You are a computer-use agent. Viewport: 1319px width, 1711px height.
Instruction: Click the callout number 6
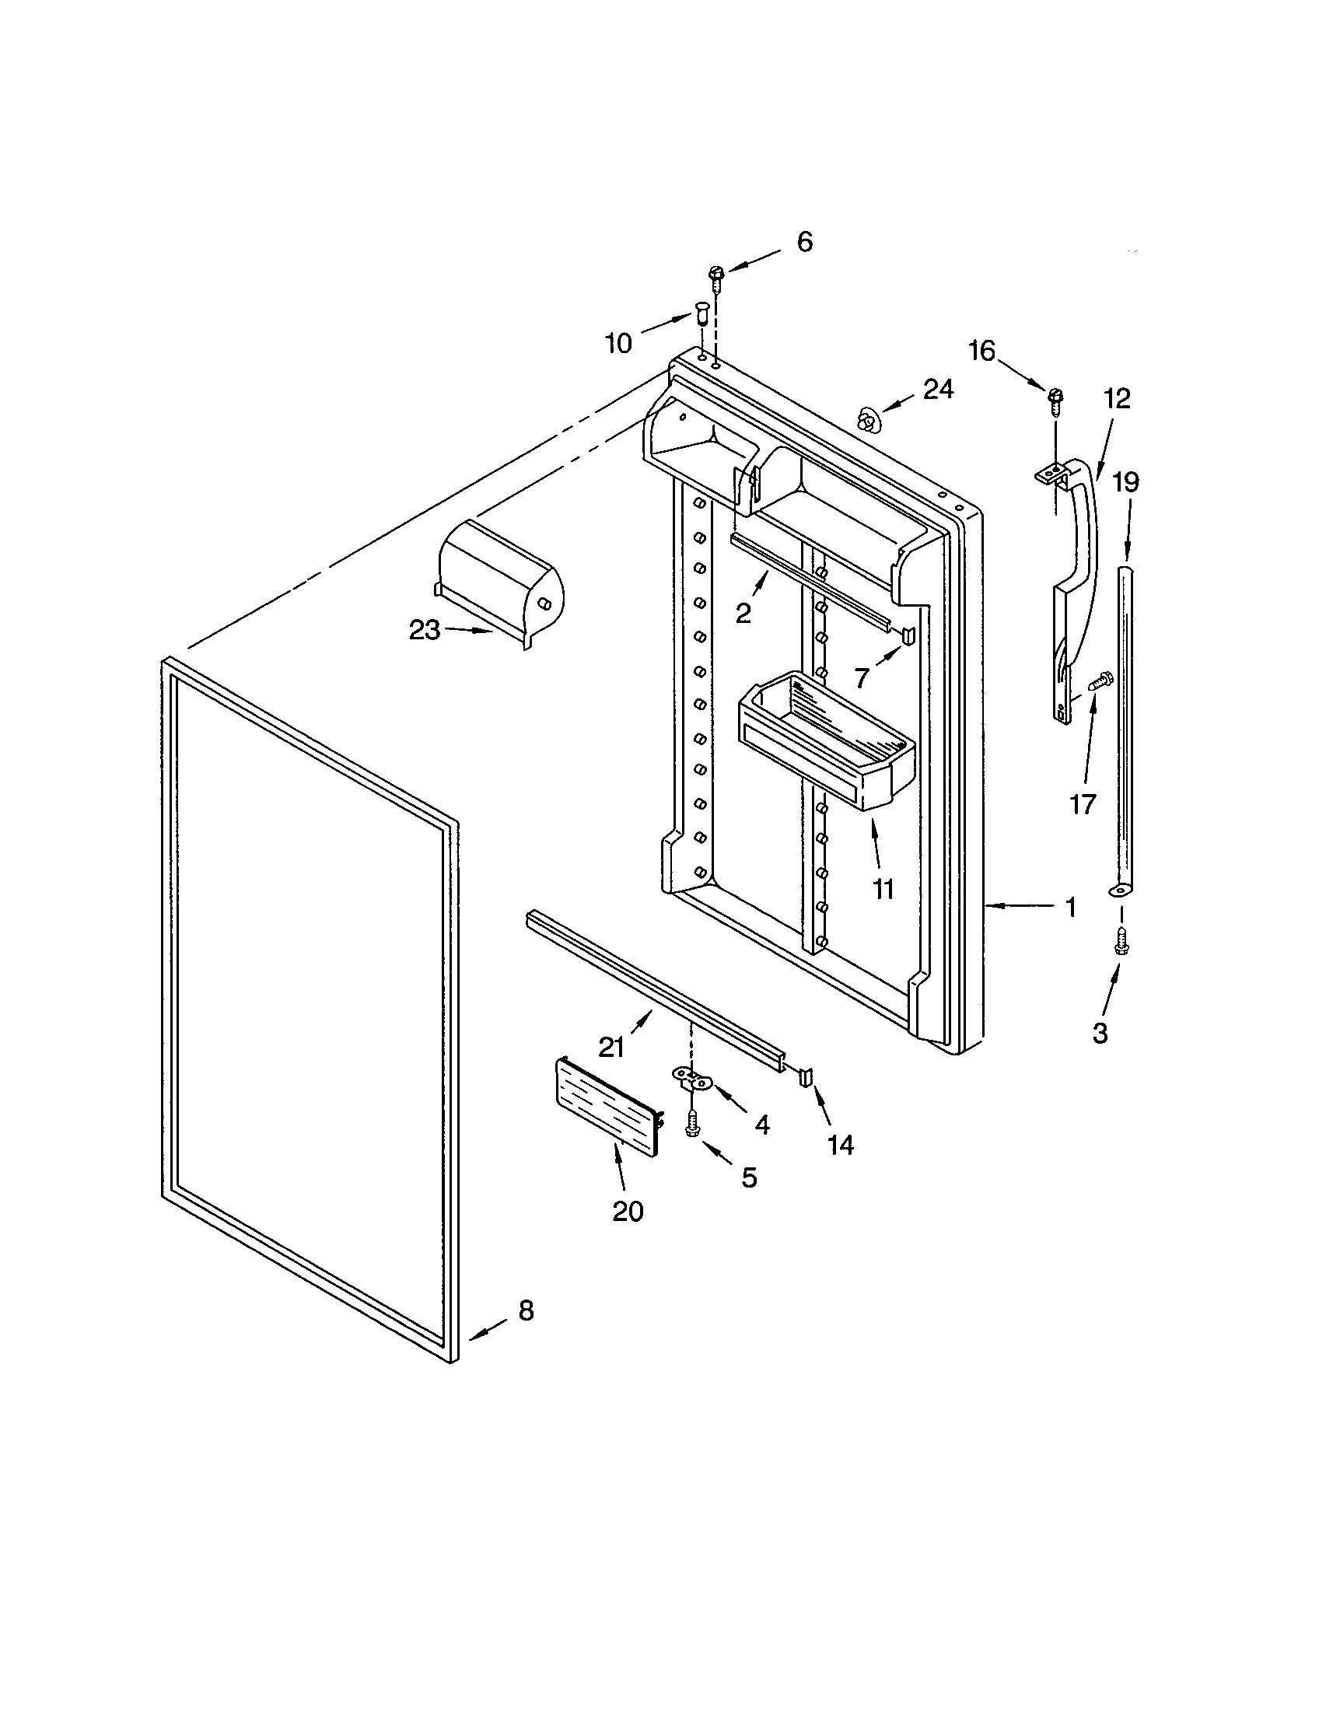click(804, 242)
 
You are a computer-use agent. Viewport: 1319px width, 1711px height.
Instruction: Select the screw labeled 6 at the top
click(713, 276)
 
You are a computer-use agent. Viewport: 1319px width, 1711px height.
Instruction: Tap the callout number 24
click(938, 389)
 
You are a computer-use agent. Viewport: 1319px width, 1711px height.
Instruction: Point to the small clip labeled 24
click(867, 420)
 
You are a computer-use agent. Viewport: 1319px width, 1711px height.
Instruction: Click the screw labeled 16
click(1055, 397)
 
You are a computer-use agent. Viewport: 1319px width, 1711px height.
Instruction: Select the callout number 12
click(1118, 399)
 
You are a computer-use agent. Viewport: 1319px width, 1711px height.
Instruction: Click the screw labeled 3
click(1121, 940)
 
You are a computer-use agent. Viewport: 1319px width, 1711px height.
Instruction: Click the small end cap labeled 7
click(907, 634)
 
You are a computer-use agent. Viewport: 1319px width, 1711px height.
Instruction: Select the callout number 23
click(425, 630)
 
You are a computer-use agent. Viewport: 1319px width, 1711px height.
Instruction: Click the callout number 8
click(526, 1310)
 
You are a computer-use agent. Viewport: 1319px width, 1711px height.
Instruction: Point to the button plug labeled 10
click(700, 316)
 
